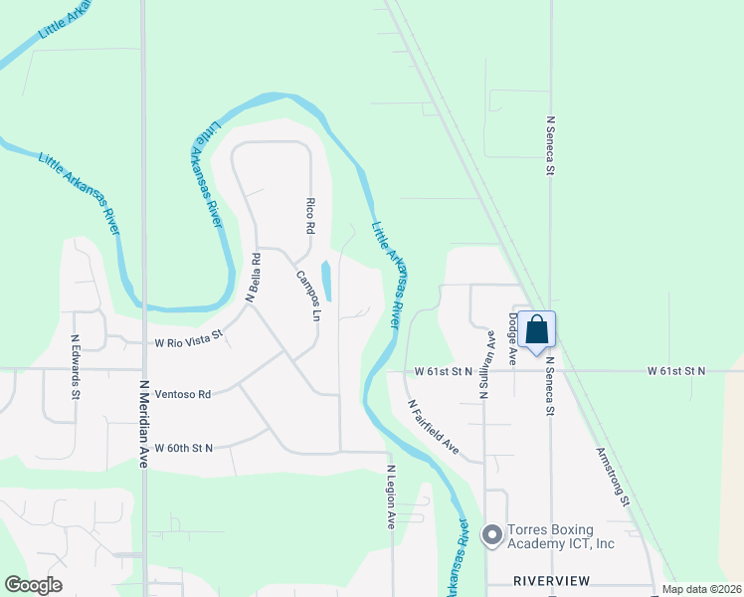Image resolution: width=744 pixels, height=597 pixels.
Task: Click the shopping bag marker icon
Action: pos(536,330)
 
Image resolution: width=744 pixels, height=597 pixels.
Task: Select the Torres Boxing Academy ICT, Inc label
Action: pos(562,536)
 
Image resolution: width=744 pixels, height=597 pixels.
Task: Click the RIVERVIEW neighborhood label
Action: pos(551,580)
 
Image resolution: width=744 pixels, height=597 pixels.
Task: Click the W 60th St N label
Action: pos(183,448)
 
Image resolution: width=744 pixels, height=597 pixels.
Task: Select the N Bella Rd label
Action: pos(255,278)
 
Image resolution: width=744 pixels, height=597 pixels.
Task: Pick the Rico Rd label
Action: pos(310,214)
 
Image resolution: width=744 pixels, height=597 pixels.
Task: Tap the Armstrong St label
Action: pos(612,476)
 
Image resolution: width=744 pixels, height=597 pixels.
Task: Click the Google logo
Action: pos(34,585)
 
